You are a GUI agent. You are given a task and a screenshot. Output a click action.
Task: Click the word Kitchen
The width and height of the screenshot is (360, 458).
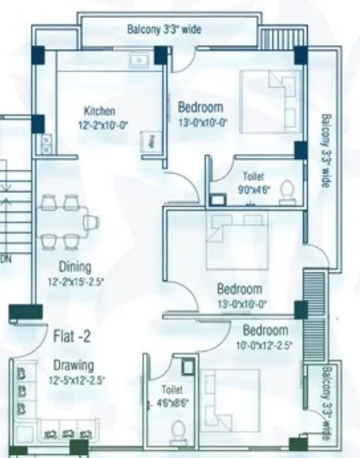click(100, 111)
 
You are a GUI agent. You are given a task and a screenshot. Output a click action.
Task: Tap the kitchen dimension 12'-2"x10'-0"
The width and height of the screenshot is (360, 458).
click(100, 124)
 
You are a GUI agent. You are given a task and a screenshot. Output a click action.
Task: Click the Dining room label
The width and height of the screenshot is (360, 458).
click(74, 266)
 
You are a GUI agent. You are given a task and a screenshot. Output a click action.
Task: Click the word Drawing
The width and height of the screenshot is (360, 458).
click(74, 365)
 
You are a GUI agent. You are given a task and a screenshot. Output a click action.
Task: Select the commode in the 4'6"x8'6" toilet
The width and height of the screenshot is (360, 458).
click(178, 430)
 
